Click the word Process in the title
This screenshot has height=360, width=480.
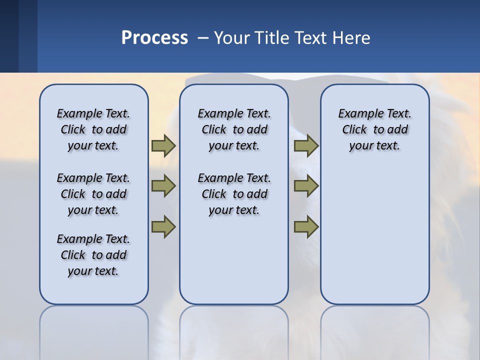click(154, 37)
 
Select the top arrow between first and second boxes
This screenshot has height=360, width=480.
click(163, 145)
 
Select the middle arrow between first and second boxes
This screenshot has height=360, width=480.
click(163, 186)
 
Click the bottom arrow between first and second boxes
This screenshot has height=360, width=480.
click(163, 226)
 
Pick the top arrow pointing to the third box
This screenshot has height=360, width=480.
click(306, 145)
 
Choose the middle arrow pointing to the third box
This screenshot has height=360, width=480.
click(306, 186)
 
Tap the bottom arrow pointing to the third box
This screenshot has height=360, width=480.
click(306, 226)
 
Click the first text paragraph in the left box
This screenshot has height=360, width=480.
click(93, 129)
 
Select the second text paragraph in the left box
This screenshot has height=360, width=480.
click(93, 194)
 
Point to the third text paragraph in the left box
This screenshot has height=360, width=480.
click(93, 255)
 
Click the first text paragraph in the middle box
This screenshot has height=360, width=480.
click(234, 129)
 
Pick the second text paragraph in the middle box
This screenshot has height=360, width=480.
click(234, 194)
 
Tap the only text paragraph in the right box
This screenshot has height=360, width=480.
click(374, 129)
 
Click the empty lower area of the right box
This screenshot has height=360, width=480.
click(374, 235)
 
